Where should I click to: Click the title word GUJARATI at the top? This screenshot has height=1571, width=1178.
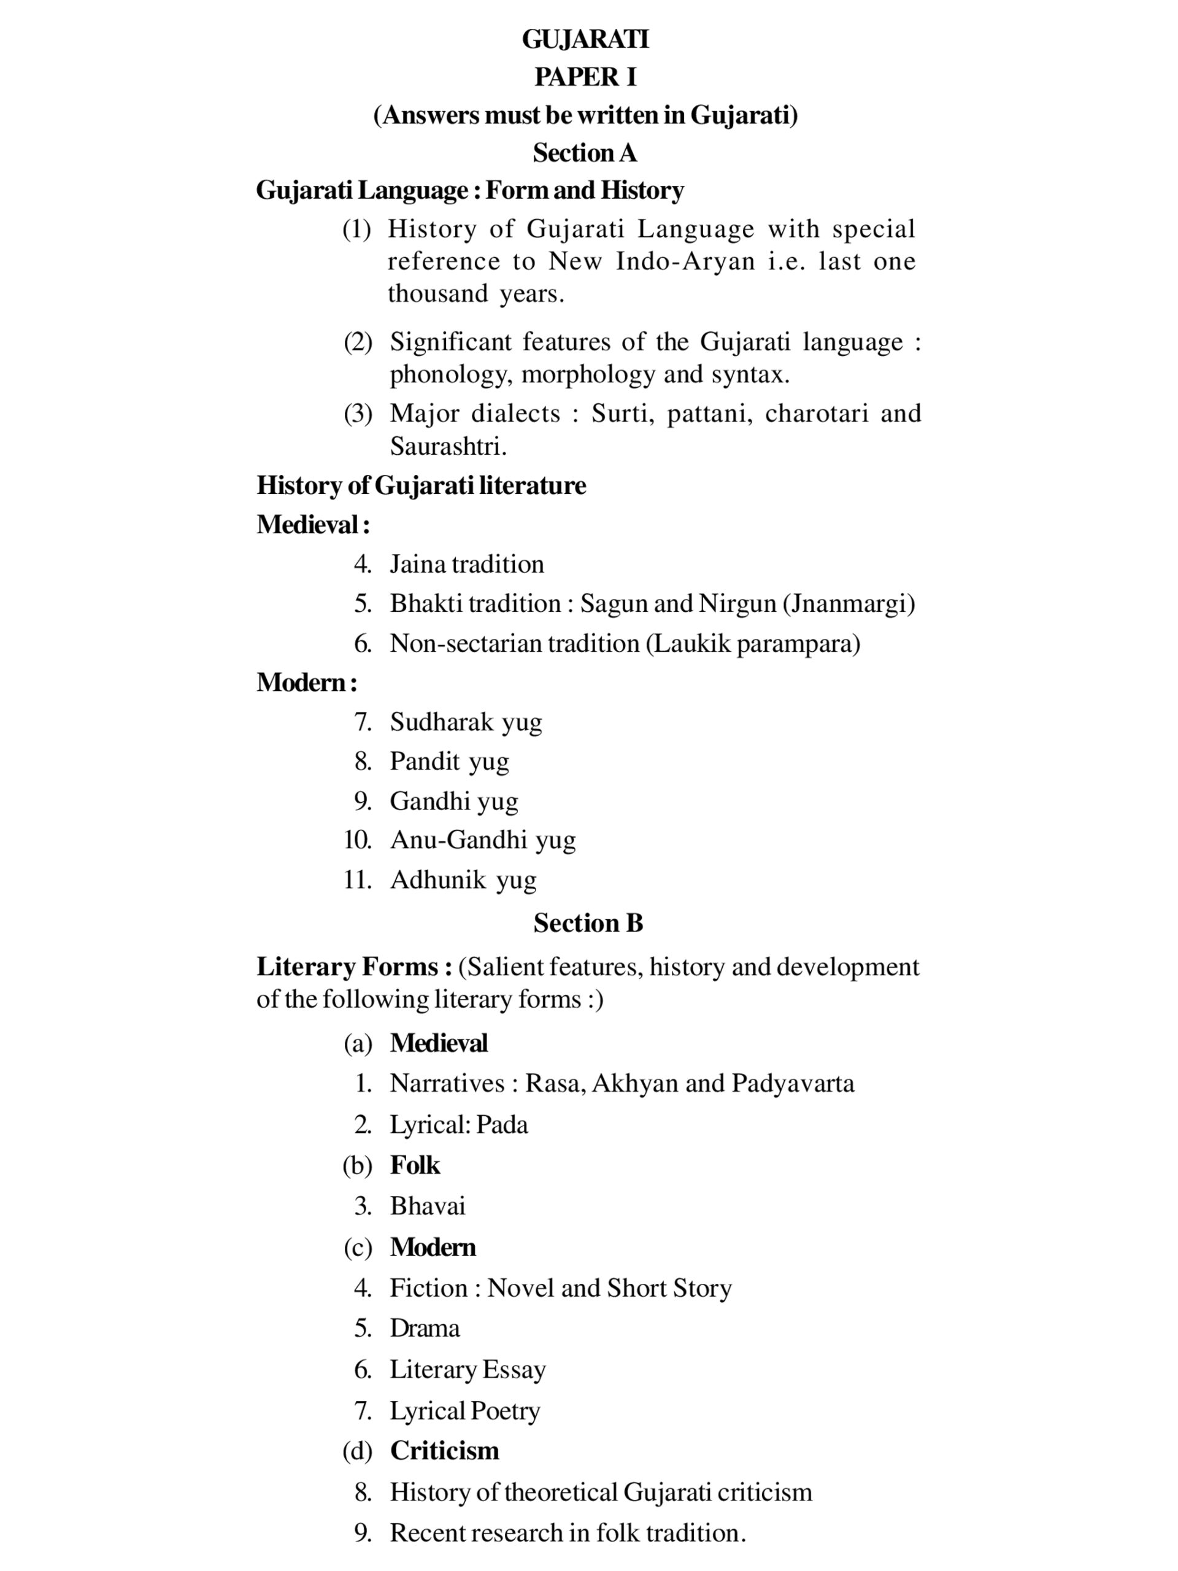pyautogui.click(x=585, y=39)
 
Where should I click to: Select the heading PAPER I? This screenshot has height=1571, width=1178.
pyautogui.click(x=585, y=77)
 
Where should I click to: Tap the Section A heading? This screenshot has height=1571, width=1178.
pyautogui.click(x=585, y=153)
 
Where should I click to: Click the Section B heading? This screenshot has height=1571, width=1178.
pyautogui.click(x=588, y=922)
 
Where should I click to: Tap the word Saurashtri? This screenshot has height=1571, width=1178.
pyautogui.click(x=447, y=446)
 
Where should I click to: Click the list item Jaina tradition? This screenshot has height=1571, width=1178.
pyautogui.click(x=466, y=564)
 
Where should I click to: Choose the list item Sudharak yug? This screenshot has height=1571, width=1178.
pyautogui.click(x=465, y=722)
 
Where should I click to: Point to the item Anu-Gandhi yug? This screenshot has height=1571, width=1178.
pyautogui.click(x=482, y=840)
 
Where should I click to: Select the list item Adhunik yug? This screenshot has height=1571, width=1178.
pyautogui.click(x=463, y=879)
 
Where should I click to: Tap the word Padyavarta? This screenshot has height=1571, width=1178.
pyautogui.click(x=793, y=1083)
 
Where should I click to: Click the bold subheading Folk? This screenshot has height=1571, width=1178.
pyautogui.click(x=415, y=1165)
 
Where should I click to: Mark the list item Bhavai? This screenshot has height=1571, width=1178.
pyautogui.click(x=428, y=1206)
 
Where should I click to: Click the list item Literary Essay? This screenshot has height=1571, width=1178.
pyautogui.click(x=468, y=1369)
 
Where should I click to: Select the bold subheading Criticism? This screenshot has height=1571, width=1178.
pyautogui.click(x=444, y=1450)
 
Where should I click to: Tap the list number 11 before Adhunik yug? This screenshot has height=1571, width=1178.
pyautogui.click(x=357, y=879)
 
